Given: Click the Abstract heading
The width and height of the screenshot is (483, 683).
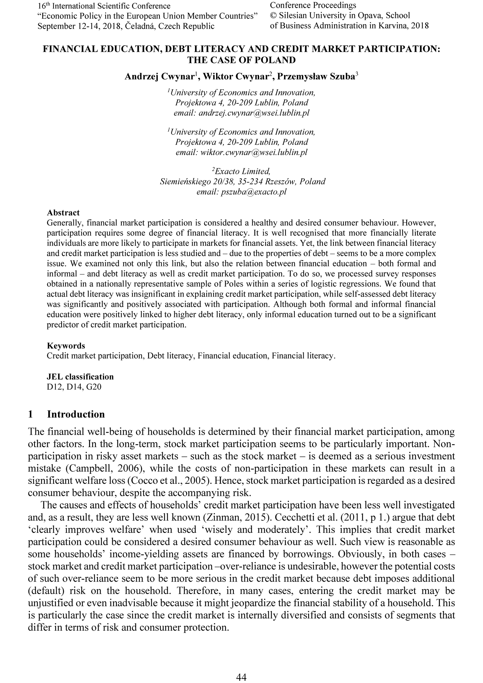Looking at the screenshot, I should [x=63, y=213].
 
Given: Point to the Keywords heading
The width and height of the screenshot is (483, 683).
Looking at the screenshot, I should [x=66, y=346].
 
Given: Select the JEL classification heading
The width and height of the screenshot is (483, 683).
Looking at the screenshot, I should [x=80, y=377].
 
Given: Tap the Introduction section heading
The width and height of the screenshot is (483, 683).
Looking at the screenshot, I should [x=76, y=414].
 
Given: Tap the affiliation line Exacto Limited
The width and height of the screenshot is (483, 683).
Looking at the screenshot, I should [x=243, y=171].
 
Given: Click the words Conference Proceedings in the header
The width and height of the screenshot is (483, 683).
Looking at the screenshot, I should [x=313, y=5].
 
